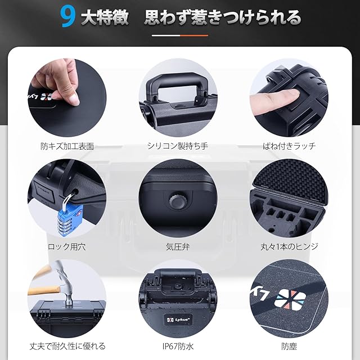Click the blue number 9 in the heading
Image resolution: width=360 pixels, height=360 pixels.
(x=67, y=17)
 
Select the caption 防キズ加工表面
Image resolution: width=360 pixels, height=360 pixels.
(x=67, y=146)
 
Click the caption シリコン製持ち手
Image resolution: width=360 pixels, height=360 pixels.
(x=178, y=146)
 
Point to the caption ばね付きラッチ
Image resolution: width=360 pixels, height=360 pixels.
(x=289, y=146)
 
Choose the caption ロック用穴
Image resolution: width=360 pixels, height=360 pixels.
(x=67, y=247)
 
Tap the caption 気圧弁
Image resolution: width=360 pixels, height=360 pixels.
(x=178, y=247)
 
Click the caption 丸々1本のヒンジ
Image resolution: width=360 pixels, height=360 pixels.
(x=289, y=247)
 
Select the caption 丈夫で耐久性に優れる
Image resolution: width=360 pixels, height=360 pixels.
(x=67, y=346)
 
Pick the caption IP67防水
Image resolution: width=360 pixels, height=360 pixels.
(x=178, y=346)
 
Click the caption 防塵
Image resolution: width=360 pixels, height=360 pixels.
(x=289, y=346)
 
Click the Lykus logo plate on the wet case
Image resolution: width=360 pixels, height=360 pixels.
(x=178, y=319)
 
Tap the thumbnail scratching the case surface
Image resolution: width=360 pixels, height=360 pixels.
(x=74, y=100)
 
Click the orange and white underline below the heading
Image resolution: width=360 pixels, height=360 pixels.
(x=180, y=35)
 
